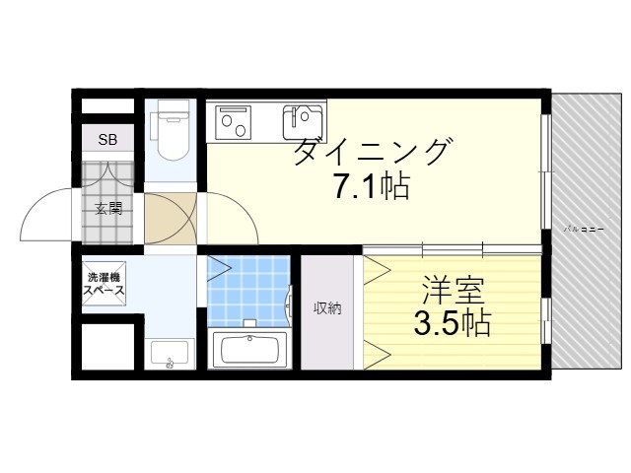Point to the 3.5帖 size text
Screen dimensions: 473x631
(452, 323)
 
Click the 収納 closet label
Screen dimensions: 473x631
(327, 309)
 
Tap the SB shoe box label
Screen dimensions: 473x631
(106, 140)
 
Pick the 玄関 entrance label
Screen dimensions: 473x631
(107, 209)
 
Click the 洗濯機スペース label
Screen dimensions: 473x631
(104, 284)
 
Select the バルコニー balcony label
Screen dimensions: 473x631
(583, 229)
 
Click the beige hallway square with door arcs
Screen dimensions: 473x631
(170, 219)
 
